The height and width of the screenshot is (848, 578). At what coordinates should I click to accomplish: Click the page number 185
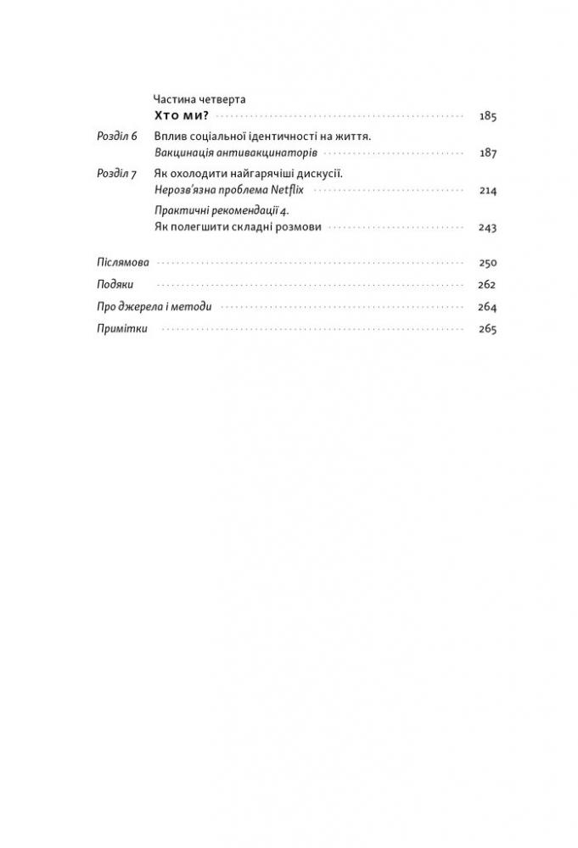click(x=487, y=116)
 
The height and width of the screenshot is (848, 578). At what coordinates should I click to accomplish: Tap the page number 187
click(x=487, y=153)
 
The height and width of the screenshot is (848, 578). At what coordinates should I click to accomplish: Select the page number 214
click(x=487, y=191)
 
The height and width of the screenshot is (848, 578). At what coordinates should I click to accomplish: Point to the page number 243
click(x=487, y=227)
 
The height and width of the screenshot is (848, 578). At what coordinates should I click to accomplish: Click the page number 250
click(x=487, y=264)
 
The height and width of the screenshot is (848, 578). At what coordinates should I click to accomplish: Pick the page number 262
click(x=487, y=286)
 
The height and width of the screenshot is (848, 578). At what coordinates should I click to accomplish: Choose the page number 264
click(x=487, y=308)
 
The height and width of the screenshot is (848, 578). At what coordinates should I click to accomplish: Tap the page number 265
click(x=487, y=330)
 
